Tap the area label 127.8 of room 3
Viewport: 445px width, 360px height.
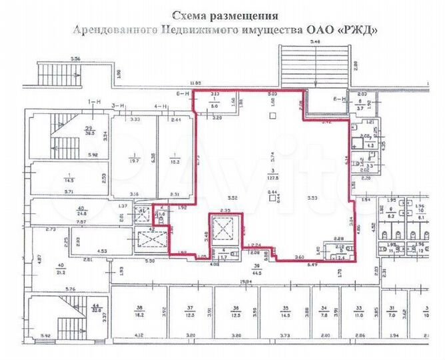click(273, 179)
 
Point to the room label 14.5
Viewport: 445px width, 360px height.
click(69, 179)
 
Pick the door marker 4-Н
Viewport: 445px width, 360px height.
click(161, 105)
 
